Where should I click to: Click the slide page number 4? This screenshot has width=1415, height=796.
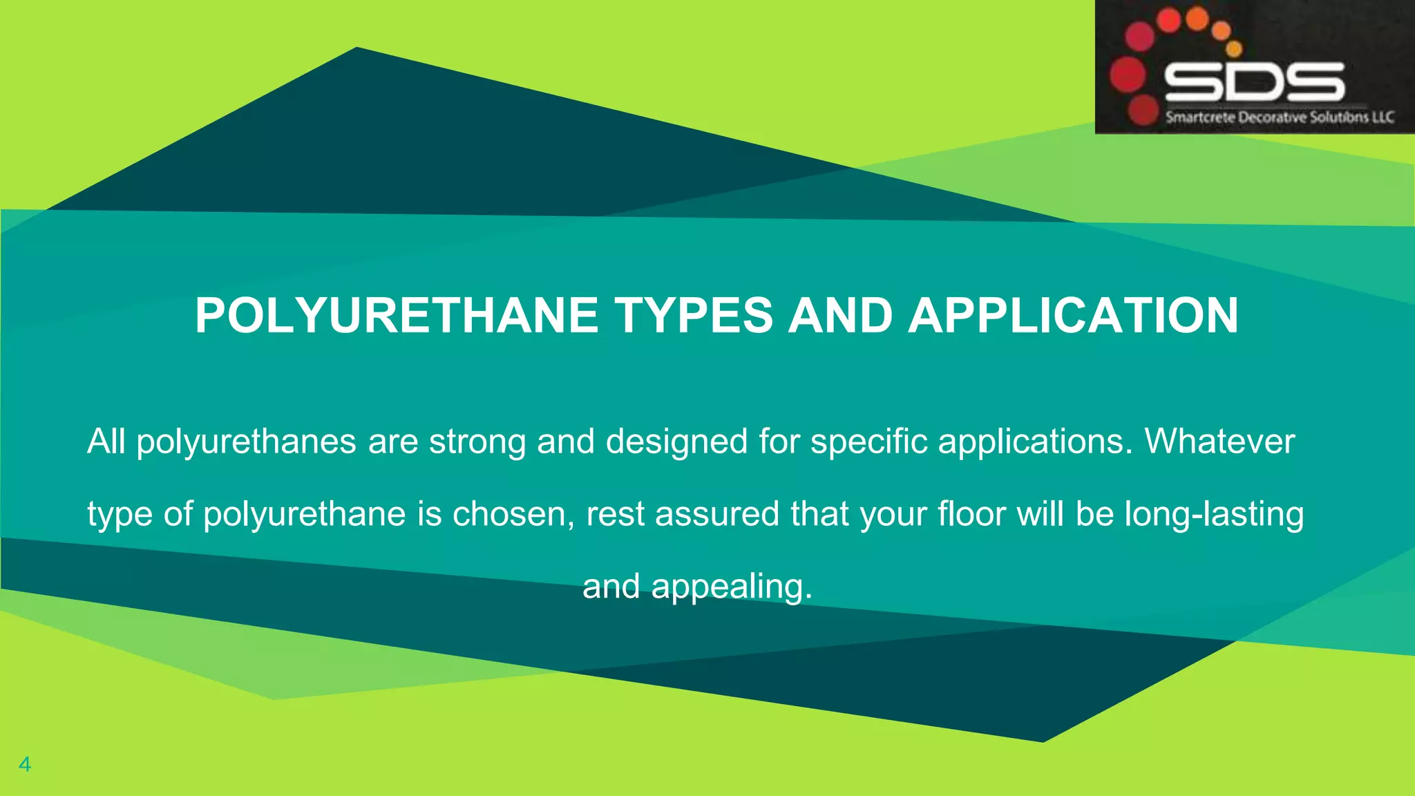tap(25, 764)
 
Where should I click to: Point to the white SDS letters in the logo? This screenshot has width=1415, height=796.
tap(1254, 82)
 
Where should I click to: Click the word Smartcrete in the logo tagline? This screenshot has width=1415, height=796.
tap(1201, 117)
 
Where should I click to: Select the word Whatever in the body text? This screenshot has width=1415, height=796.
tap(1219, 442)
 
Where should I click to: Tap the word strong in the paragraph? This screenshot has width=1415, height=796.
tap(477, 442)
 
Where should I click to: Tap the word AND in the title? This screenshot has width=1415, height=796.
tap(840, 316)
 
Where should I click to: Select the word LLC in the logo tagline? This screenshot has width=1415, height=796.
tap(1383, 117)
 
